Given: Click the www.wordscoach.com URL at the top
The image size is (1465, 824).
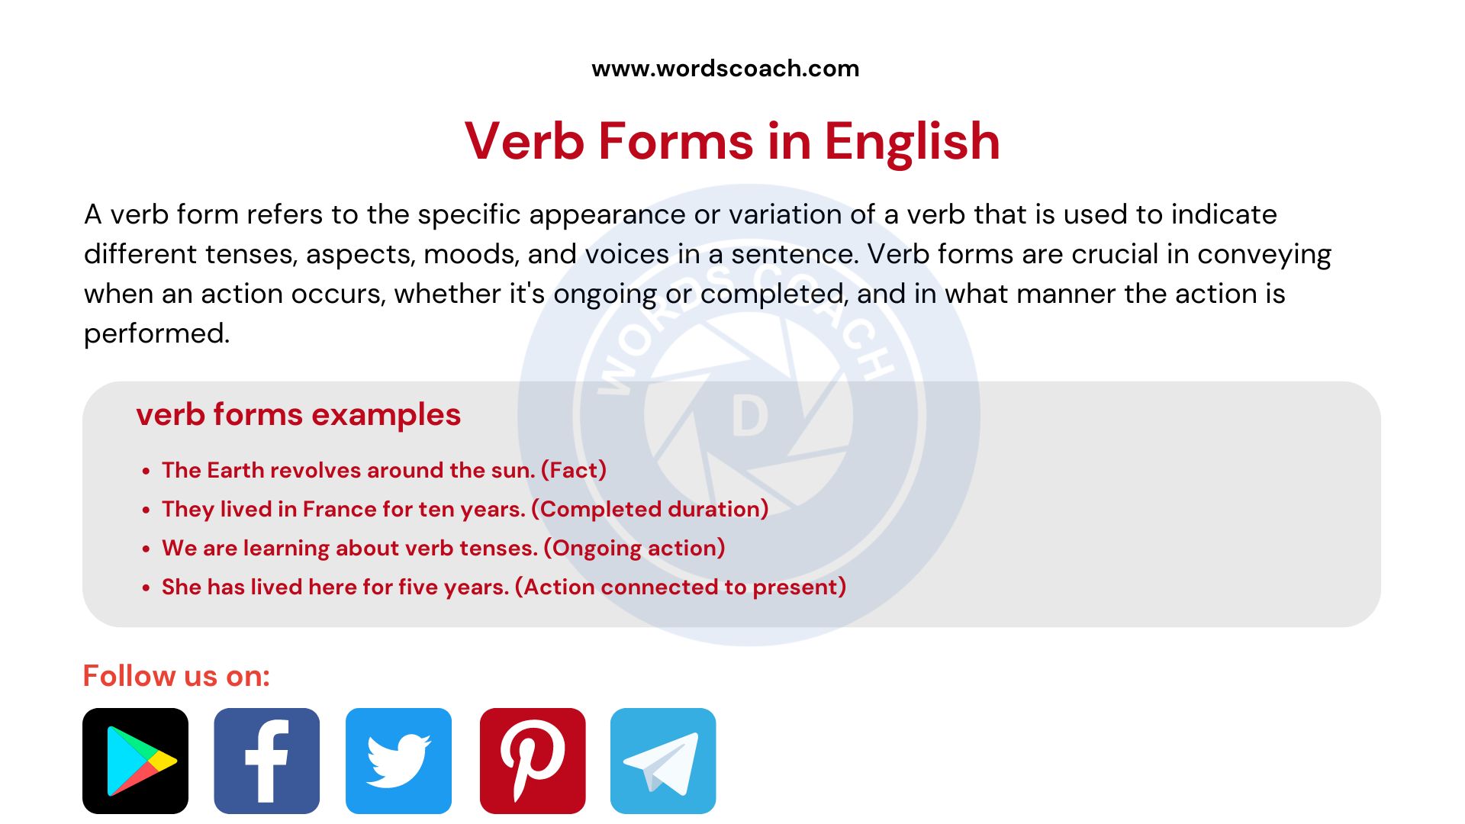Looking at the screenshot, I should pos(725,69).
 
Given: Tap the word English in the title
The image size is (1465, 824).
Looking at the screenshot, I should pos(912,142).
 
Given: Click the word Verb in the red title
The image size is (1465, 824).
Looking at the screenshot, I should pos(524,142).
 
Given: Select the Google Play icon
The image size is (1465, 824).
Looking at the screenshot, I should pos(135,761).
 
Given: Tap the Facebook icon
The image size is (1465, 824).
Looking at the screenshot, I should pos(266,761).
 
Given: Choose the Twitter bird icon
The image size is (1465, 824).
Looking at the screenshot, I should pos(398,761).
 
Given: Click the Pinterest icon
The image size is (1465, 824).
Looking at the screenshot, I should pos(533,761).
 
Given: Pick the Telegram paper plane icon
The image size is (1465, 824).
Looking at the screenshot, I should pos(663,761).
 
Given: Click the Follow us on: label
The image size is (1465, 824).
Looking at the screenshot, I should pos(176,676).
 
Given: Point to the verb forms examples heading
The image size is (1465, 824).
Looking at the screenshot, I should pos(298,415).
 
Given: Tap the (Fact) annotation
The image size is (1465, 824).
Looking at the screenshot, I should pos(574,470).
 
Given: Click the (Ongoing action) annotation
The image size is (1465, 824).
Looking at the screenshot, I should pos(634,548).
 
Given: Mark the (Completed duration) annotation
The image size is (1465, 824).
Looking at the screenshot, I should pos(650,509).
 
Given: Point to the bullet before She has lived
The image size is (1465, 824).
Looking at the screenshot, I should pos(146,588).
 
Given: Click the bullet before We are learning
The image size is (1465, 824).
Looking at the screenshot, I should pos(146,549).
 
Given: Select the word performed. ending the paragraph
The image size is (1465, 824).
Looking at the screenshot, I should pos(156,333).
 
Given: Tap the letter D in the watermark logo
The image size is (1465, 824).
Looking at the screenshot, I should pos(749,417).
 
